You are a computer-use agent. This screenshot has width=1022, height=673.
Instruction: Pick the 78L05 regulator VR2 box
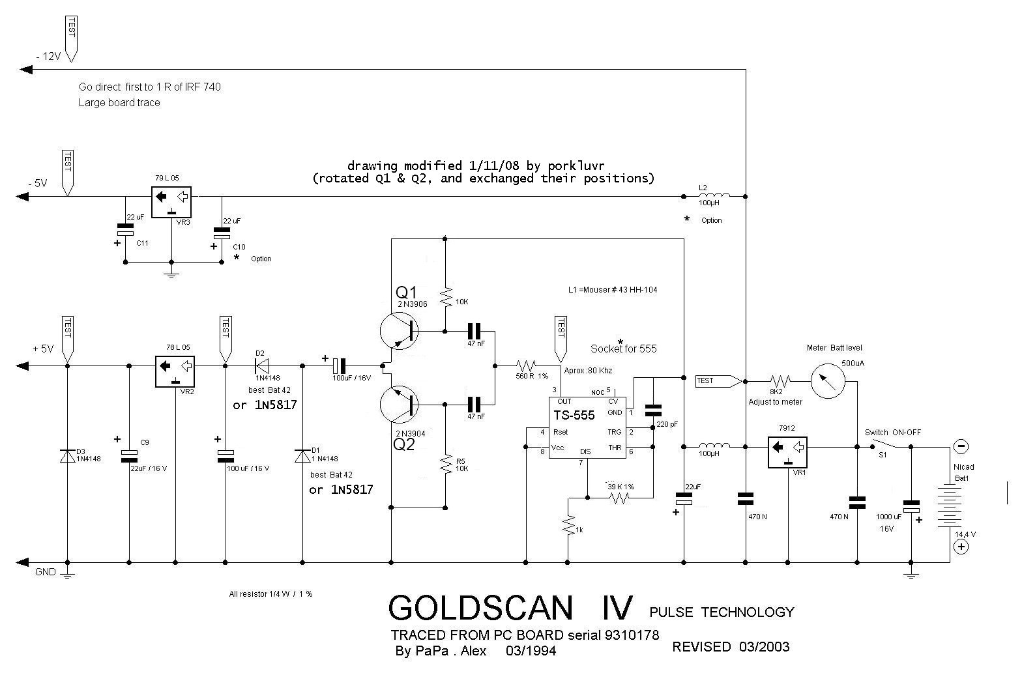[x=175, y=371]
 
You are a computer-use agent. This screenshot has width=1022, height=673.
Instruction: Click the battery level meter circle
[x=828, y=380]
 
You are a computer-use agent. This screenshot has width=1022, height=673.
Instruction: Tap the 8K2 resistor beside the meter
[x=780, y=380]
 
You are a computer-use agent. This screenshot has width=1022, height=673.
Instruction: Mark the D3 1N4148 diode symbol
[x=67, y=455]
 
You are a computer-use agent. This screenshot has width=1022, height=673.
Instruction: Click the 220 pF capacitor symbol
[x=652, y=410]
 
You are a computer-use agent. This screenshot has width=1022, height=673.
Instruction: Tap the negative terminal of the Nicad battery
[x=961, y=447]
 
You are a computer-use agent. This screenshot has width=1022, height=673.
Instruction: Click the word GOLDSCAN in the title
[x=481, y=608]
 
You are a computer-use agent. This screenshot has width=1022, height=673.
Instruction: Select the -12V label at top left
[x=48, y=57]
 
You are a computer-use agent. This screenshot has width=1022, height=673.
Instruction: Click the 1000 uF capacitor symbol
[x=911, y=505]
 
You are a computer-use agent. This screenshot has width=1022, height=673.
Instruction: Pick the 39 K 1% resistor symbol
[x=620, y=498]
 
